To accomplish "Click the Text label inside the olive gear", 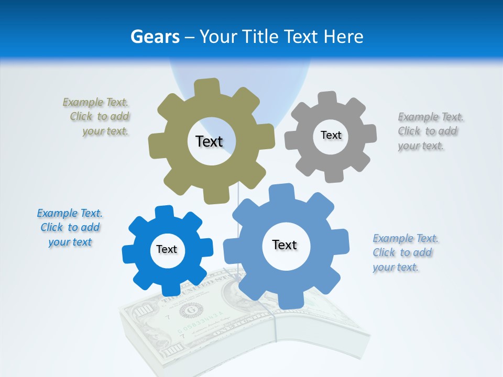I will [x=209, y=141].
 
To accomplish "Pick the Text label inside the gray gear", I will [x=331, y=135].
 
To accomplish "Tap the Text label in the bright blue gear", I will [x=167, y=249].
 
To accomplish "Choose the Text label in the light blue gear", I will [x=285, y=245].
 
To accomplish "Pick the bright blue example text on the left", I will [x=70, y=227].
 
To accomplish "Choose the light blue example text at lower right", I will [x=404, y=252].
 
